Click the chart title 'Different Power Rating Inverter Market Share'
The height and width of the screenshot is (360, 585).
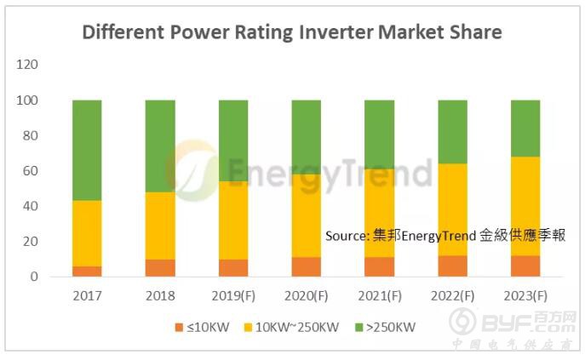pyautogui.click(x=291, y=33)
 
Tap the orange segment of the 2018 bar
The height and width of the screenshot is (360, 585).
pyautogui.click(x=160, y=267)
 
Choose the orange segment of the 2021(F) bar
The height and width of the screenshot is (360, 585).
pyautogui.click(x=379, y=266)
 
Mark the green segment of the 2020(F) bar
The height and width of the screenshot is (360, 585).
pyautogui.click(x=307, y=137)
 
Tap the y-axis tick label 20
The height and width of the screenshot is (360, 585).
pyautogui.click(x=32, y=242)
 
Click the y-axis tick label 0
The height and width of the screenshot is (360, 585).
pyautogui.click(x=35, y=277)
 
